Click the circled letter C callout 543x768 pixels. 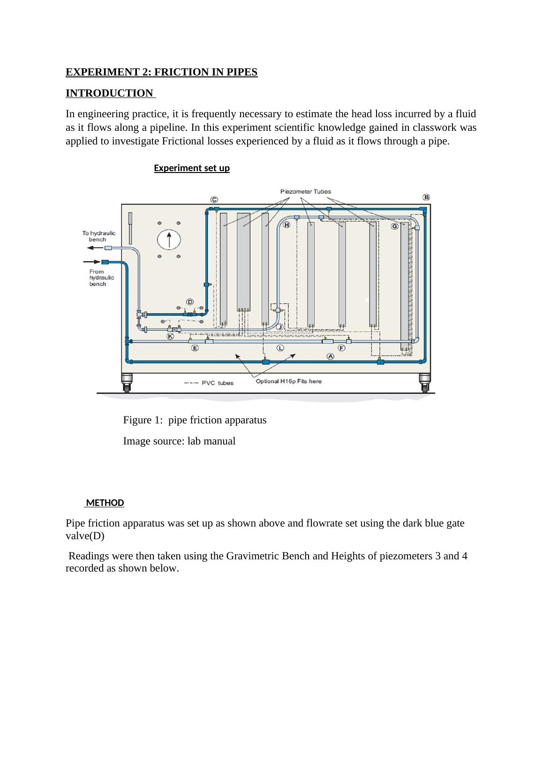tap(214, 200)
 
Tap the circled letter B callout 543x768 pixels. tap(426, 197)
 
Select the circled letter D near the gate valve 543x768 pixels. tap(190, 301)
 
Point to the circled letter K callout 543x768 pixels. tap(171, 336)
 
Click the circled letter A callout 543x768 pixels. tap(331, 356)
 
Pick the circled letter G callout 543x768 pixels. tap(395, 226)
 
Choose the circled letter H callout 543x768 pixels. tap(287, 225)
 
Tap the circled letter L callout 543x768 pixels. tap(280, 348)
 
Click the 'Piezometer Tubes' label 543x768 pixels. tap(305, 191)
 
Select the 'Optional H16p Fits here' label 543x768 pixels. tap(288, 381)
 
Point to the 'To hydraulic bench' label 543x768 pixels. tap(98, 236)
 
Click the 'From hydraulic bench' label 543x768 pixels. tap(101, 278)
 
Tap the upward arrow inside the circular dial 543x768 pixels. tap(169, 240)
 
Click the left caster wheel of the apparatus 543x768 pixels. tap(127, 382)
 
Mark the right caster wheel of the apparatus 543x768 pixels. tap(424, 382)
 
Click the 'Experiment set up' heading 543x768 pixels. tap(192, 168)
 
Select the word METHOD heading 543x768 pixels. tap(105, 503)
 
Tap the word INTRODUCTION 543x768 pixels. tap(109, 93)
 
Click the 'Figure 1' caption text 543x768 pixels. tap(195, 420)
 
